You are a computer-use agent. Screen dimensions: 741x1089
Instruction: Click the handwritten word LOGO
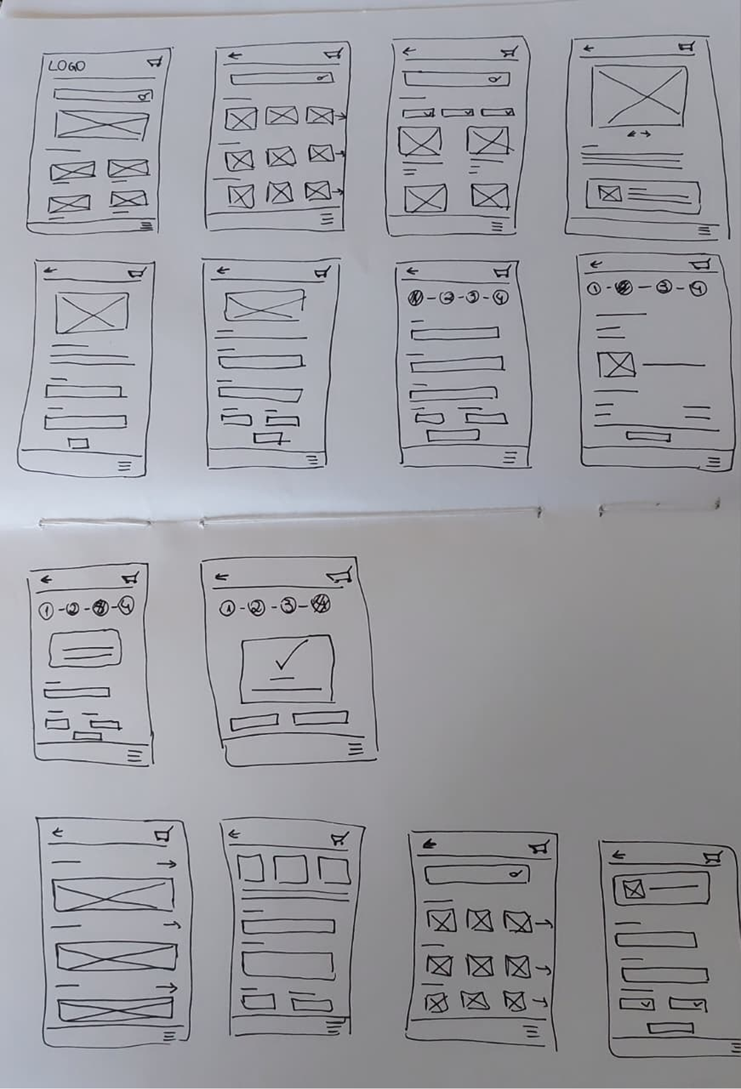67,66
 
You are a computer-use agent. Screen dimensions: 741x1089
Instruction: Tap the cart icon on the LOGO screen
155,62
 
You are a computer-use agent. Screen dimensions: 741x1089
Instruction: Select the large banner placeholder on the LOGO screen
102,125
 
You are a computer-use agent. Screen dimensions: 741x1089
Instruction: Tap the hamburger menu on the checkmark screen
355,749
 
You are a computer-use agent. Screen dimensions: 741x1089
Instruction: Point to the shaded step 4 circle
321,605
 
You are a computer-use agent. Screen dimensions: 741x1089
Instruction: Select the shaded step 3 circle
101,609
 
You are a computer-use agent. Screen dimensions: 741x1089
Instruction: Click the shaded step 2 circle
624,288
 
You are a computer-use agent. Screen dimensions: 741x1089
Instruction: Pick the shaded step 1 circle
415,298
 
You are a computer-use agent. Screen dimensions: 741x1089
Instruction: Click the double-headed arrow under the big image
639,134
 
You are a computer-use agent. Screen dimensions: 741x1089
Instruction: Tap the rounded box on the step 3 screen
85,649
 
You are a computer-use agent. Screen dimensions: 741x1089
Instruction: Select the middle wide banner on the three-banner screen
116,956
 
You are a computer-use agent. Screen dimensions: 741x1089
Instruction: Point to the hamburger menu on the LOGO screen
147,226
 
